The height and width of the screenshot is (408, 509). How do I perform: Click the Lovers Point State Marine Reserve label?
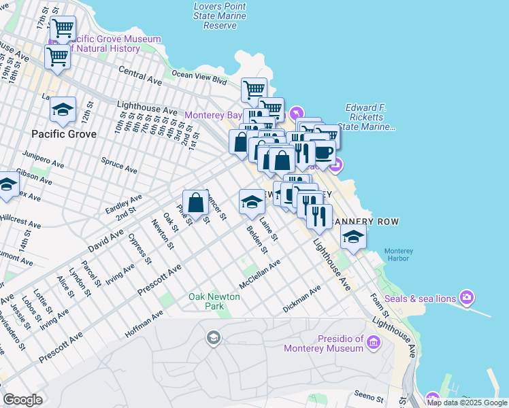click(220, 16)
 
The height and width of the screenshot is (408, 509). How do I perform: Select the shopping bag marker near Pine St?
click(195, 202)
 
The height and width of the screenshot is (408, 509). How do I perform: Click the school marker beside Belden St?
click(252, 201)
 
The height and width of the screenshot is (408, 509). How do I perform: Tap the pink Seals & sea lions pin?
click(467, 296)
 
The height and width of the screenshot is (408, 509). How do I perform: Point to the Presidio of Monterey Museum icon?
click(373, 343)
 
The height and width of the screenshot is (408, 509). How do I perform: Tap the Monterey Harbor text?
click(398, 256)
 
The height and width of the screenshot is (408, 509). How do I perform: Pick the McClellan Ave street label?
click(259, 273)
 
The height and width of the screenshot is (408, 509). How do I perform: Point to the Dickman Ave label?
click(301, 300)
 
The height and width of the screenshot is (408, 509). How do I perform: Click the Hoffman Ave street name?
click(144, 324)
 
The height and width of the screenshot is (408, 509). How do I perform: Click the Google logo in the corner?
click(22, 400)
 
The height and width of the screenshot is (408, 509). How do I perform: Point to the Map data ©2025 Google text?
click(466, 403)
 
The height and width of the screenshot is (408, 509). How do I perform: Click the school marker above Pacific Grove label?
click(63, 110)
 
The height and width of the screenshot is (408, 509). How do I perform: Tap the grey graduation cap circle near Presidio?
click(214, 338)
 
